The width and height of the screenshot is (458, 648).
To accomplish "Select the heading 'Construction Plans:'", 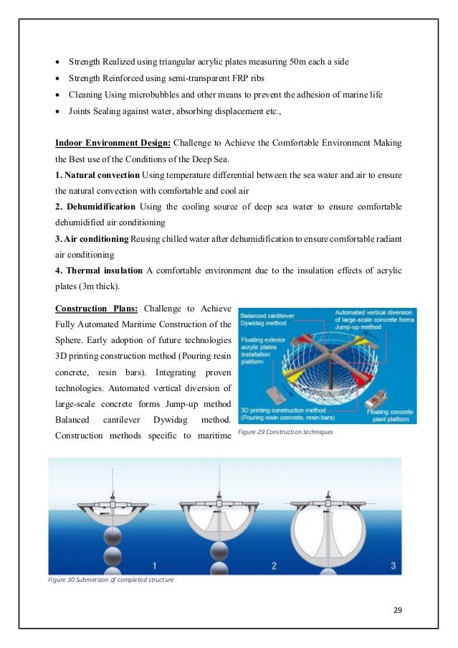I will coord(92,309).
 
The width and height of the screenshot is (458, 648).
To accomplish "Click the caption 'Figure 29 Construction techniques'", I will coord(285,433).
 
